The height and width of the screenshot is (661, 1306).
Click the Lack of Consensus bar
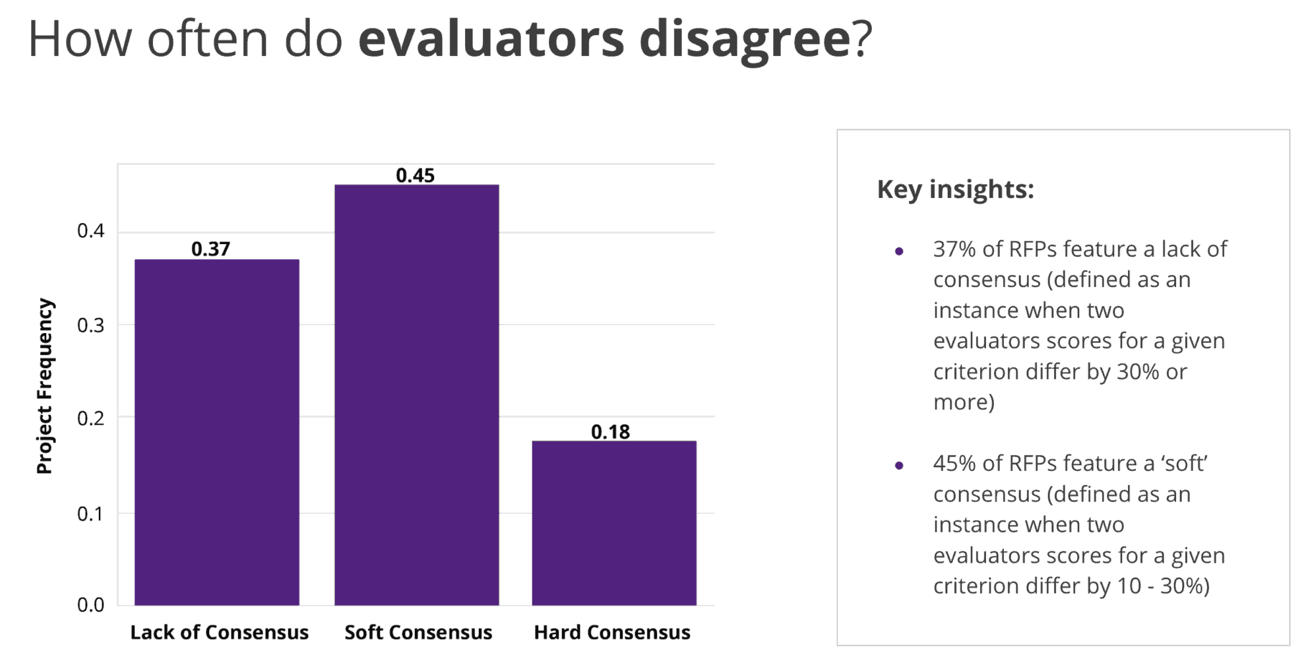217,432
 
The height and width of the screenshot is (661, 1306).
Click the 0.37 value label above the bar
210,249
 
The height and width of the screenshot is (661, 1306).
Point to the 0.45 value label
415,175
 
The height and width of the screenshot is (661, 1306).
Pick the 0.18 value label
610,431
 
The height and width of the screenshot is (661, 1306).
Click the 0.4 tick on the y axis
90,231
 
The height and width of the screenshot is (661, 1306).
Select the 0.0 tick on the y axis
90,604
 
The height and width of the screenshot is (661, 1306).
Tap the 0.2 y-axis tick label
90,418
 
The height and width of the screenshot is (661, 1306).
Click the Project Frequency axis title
44,386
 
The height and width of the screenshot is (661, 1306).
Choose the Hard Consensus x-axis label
611,632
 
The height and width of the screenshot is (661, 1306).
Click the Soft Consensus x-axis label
418,632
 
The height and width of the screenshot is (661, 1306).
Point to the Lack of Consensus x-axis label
219,632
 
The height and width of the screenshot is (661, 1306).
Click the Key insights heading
955,189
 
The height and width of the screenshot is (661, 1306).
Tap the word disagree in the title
745,40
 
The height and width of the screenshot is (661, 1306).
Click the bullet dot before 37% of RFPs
899,251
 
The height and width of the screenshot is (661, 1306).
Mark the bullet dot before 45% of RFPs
899,465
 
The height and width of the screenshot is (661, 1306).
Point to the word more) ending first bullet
964,402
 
